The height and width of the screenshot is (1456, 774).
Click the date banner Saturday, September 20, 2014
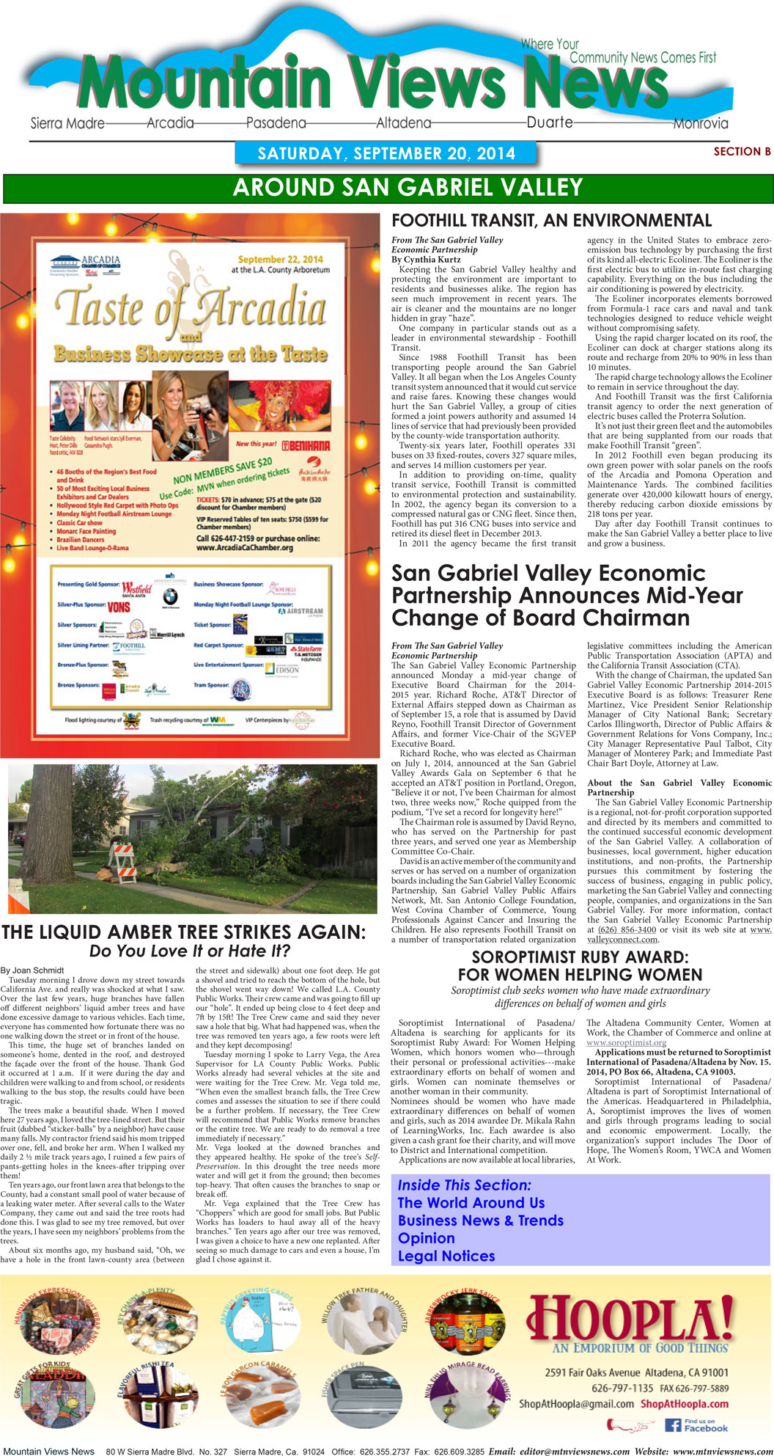point(386,153)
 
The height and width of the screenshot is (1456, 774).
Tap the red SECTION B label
point(742,152)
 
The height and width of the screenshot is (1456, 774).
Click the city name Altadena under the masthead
point(403,123)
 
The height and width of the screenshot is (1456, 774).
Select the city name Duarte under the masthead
point(550,122)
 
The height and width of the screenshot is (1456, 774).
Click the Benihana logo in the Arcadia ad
point(305,445)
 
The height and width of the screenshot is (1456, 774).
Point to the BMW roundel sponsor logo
point(170,596)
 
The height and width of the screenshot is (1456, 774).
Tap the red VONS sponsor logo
point(119,607)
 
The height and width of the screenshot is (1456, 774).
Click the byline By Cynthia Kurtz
point(426,260)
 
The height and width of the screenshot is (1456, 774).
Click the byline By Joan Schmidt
point(32,970)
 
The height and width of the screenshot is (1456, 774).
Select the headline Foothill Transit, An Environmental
point(551,221)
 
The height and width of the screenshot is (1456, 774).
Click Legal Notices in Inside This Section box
point(446,1256)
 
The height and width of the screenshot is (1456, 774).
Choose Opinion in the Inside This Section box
point(426,1238)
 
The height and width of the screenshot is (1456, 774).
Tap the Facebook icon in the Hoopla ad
point(673,1425)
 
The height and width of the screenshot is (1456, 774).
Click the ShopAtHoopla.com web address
point(685,1404)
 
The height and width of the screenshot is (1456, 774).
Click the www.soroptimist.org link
point(626,1042)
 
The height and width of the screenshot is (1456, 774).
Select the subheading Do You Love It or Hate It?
point(190,951)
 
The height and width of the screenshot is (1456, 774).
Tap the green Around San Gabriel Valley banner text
point(408,188)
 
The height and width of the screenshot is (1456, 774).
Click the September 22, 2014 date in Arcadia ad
point(280,259)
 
